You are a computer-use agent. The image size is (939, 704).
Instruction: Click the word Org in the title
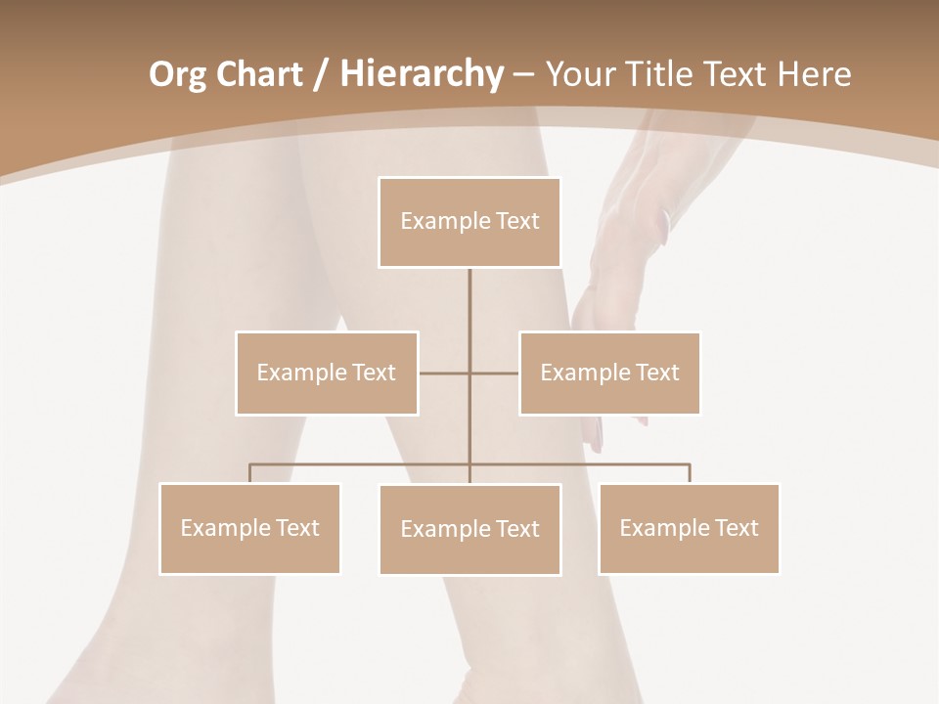coord(177,74)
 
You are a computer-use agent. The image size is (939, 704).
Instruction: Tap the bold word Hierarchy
coord(421,74)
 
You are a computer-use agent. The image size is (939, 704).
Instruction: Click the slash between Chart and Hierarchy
coord(321,75)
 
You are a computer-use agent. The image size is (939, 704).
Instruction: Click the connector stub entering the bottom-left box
coord(249,473)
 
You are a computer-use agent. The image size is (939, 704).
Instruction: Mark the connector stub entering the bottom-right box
coord(690,473)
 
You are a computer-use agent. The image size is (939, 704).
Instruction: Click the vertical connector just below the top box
coord(469,293)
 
